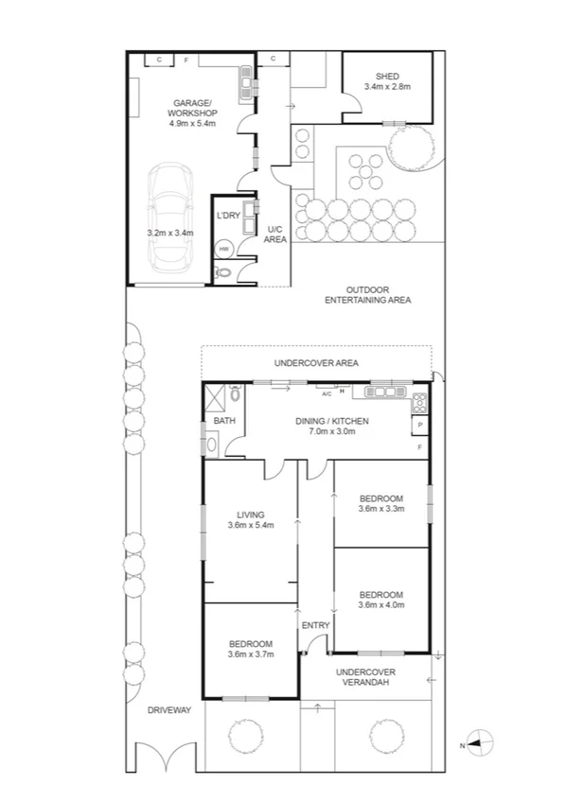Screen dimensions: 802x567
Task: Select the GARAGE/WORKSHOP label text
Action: (x=193, y=107)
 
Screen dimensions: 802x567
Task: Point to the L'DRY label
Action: (x=228, y=216)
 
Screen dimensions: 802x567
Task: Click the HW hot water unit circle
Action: (x=224, y=250)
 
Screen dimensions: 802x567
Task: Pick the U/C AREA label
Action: (x=275, y=235)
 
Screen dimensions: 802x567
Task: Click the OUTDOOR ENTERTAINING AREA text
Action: (x=367, y=294)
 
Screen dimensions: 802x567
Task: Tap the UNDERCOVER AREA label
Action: (x=315, y=362)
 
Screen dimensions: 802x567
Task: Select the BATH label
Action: (x=223, y=421)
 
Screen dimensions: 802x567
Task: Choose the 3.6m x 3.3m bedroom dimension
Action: (x=381, y=509)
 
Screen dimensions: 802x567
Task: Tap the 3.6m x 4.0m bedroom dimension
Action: (x=381, y=605)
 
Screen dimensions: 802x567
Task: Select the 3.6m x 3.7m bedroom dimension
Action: (x=251, y=654)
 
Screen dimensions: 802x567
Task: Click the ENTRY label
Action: (x=315, y=625)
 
